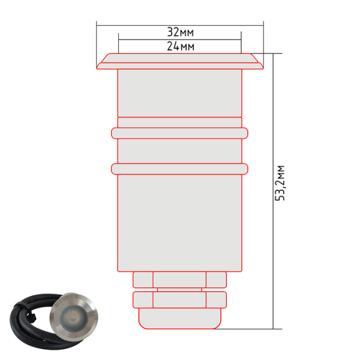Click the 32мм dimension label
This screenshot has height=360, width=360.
tap(181, 32)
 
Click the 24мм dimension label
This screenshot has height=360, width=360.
tap(181, 46)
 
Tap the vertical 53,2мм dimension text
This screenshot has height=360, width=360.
tap(280, 183)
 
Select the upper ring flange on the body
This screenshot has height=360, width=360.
tap(179, 133)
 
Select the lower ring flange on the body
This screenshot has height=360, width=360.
tap(179, 169)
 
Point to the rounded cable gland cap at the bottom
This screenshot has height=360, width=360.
tap(180, 319)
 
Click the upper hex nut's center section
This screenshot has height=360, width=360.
tap(179, 280)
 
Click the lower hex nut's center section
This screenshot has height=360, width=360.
tap(179, 300)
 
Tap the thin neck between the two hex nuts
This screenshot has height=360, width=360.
tap(179, 290)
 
